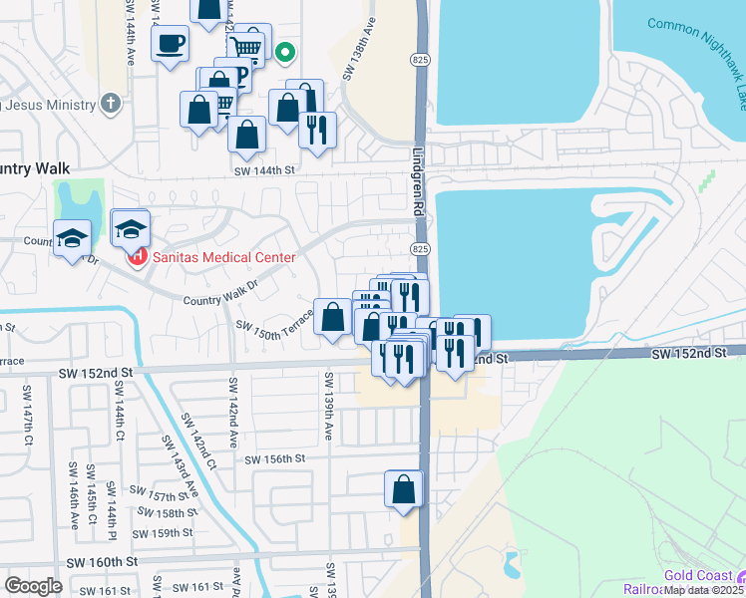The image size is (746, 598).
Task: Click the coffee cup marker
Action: click(169, 44)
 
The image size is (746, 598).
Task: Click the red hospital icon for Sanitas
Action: click(137, 257)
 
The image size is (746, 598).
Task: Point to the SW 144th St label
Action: click(266, 171)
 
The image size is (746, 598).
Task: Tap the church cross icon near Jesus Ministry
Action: click(111, 103)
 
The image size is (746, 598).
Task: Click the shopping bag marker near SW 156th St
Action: click(404, 489)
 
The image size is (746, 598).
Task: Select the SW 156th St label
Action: click(274, 458)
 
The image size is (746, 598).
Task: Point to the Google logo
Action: click(33, 586)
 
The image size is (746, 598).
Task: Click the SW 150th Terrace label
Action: click(274, 329)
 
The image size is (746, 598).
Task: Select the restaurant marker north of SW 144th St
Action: click(317, 130)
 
